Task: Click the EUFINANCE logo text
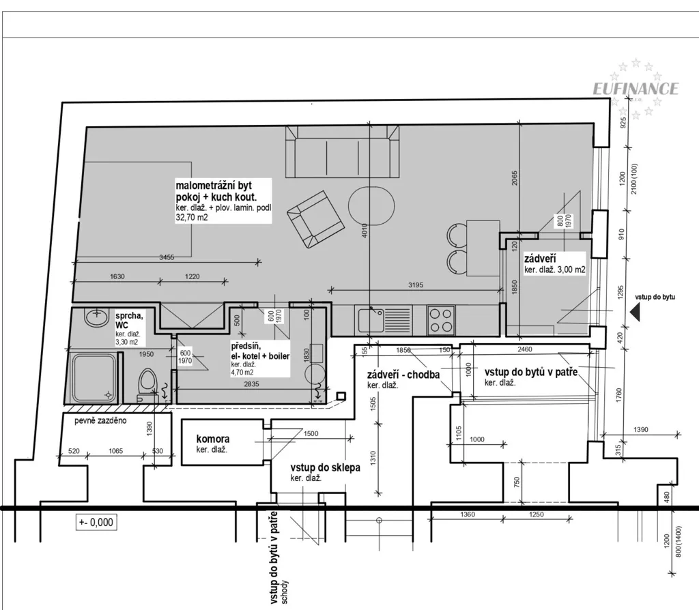[x=636, y=89]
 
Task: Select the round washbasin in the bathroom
[x=96, y=317]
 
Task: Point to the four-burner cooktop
[x=440, y=320]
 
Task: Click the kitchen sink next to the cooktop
[x=370, y=320]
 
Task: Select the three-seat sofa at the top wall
[x=343, y=151]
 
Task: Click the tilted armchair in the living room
[x=315, y=219]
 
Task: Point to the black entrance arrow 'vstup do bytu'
[x=636, y=311]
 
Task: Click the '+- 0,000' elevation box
[x=96, y=522]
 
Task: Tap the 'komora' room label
[x=213, y=439]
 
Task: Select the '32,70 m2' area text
[x=192, y=218]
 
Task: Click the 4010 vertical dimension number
[x=365, y=231]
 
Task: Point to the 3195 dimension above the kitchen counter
[x=416, y=285]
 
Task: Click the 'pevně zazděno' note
[x=100, y=420]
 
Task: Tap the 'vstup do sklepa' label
[x=326, y=468]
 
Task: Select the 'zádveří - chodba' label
[x=403, y=375]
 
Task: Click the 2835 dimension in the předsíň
[x=251, y=383]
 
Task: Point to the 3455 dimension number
[x=167, y=257]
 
